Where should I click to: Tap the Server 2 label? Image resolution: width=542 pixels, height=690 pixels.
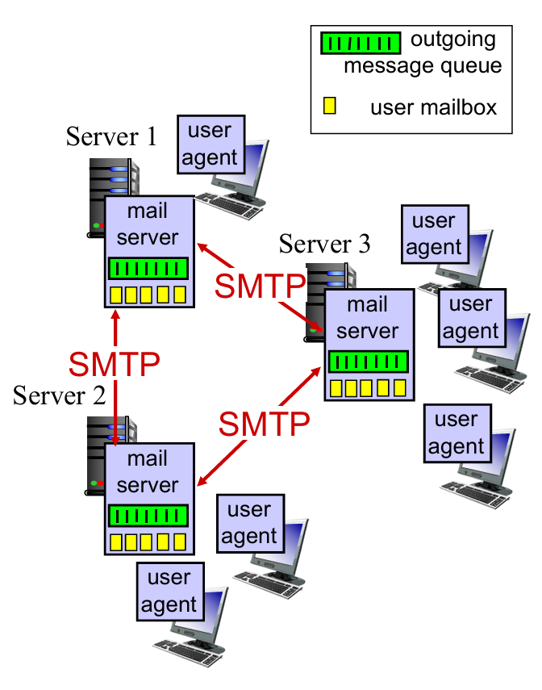pos(60,395)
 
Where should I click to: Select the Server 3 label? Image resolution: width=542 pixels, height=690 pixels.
pos(325,243)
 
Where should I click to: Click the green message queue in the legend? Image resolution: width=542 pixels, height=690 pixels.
pos(361,42)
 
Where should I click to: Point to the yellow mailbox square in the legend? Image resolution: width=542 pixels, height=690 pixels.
pos(329,105)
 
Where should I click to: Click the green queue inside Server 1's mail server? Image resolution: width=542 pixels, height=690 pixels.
pos(148,268)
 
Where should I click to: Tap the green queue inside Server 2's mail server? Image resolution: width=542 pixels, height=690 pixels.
pos(148,515)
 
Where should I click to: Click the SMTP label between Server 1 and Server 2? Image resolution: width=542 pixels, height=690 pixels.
pos(114,364)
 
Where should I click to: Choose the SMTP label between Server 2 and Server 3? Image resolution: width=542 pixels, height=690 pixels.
pos(265,421)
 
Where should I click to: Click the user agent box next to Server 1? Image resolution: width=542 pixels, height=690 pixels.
pos(210,144)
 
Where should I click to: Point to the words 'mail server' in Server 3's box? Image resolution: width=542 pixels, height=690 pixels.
pos(368,318)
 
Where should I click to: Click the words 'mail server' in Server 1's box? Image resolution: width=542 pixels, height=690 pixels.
pos(148,224)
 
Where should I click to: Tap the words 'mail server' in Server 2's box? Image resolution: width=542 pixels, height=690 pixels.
pos(148,471)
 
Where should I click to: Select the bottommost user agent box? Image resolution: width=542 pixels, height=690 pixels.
pos(169,591)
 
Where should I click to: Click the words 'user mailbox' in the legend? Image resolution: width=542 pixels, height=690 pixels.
pos(434,107)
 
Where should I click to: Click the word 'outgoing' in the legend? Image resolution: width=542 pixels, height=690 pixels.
pos(453,38)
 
